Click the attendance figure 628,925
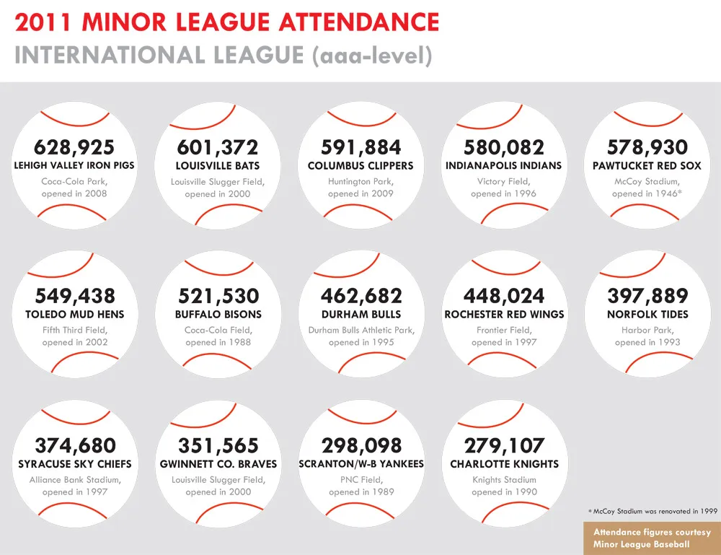[x=74, y=147]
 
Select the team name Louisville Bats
[x=218, y=166]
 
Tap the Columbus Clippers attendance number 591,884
[x=360, y=147]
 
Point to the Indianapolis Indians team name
[x=503, y=166]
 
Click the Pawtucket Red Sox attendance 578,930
[x=647, y=147]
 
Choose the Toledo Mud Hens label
[x=74, y=315]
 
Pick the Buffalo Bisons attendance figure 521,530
[x=218, y=296]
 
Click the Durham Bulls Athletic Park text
[x=360, y=331]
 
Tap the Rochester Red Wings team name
[x=504, y=315]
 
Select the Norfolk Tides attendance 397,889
[x=647, y=296]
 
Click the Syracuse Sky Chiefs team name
[x=75, y=464]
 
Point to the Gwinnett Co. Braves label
[x=218, y=464]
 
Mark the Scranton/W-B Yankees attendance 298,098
[x=361, y=445]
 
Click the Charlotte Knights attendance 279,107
[x=504, y=445]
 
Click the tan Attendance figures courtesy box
[x=652, y=538]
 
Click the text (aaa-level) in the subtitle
[x=372, y=56]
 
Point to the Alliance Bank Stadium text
[x=75, y=480]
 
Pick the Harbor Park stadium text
[x=647, y=331]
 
